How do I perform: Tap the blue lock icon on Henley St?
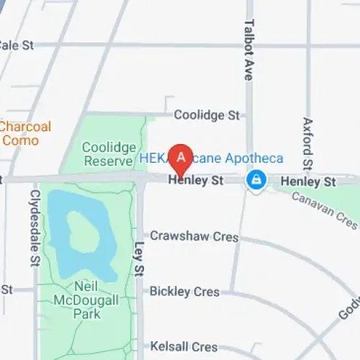255,180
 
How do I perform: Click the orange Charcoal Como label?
26,133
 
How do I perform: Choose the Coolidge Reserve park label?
109,153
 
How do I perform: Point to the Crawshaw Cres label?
184,235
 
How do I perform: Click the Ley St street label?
140,258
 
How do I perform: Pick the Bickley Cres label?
184,292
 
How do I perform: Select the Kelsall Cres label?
184,347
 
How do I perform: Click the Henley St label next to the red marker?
197,182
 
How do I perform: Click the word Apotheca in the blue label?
255,158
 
